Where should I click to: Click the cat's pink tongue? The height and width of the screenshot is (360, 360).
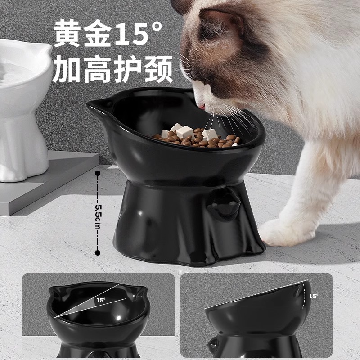[x=202, y=107]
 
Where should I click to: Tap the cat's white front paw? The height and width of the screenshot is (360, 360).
[x=287, y=231]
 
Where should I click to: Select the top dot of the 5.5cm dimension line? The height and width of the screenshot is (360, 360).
[x=98, y=173]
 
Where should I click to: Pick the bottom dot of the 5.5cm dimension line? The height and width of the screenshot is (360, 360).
[x=98, y=253]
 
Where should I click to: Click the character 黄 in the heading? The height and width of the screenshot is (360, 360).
[x=67, y=33]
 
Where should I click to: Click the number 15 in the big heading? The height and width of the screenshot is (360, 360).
[x=130, y=33]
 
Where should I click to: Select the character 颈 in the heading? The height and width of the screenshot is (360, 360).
[x=159, y=69]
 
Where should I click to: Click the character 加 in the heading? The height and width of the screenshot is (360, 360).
[x=67, y=69]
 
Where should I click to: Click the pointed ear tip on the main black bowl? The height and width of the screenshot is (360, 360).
[x=88, y=104]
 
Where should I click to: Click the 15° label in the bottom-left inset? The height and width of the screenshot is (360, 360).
[x=101, y=300]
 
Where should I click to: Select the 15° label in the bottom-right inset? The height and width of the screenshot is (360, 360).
[x=314, y=296]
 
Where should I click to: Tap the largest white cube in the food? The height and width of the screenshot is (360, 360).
[x=185, y=132]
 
